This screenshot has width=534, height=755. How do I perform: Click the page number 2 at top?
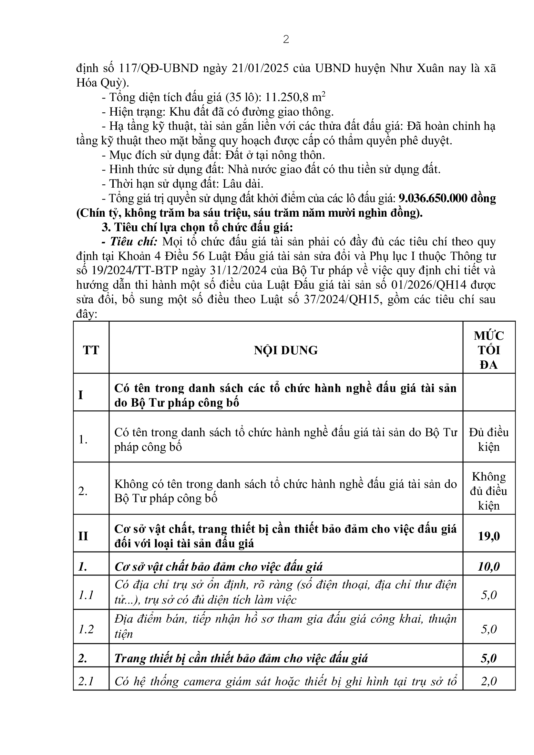(286, 39)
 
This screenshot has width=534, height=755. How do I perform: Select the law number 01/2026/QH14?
(429, 285)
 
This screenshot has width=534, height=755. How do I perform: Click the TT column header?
(91, 350)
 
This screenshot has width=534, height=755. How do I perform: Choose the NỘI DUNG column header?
(286, 350)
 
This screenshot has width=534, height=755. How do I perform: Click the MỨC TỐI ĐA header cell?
(488, 350)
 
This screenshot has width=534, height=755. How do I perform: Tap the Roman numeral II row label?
(83, 536)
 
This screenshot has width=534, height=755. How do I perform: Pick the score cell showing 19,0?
(488, 536)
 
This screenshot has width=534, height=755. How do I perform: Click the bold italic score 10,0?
(488, 567)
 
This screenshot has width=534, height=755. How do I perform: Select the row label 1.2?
(86, 629)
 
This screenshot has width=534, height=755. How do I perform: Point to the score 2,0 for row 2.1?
(488, 681)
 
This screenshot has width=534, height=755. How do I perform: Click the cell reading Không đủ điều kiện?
(488, 491)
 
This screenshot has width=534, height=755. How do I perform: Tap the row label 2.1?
(86, 681)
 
